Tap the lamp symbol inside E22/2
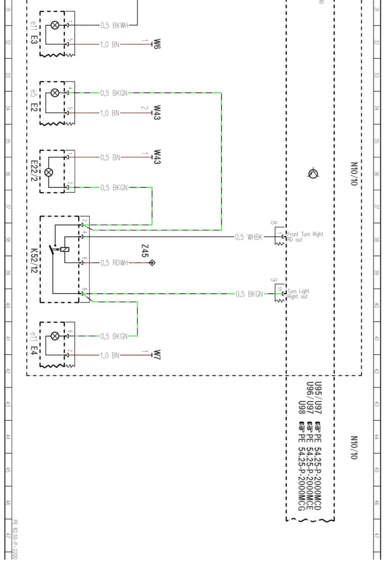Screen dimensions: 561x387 (x=49, y=173)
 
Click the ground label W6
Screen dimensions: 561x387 (x=157, y=44)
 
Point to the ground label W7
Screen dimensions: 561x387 (x=157, y=355)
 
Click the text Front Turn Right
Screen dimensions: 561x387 (x=305, y=234)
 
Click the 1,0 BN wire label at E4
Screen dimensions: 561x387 (x=110, y=355)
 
